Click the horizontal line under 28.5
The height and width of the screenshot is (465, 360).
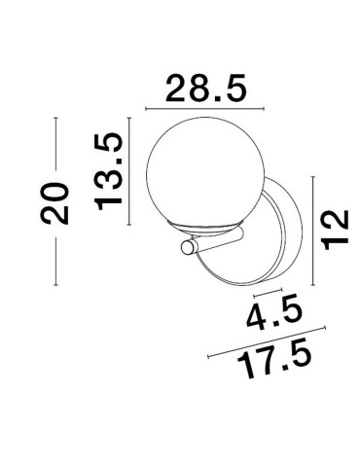[x=203, y=106]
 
